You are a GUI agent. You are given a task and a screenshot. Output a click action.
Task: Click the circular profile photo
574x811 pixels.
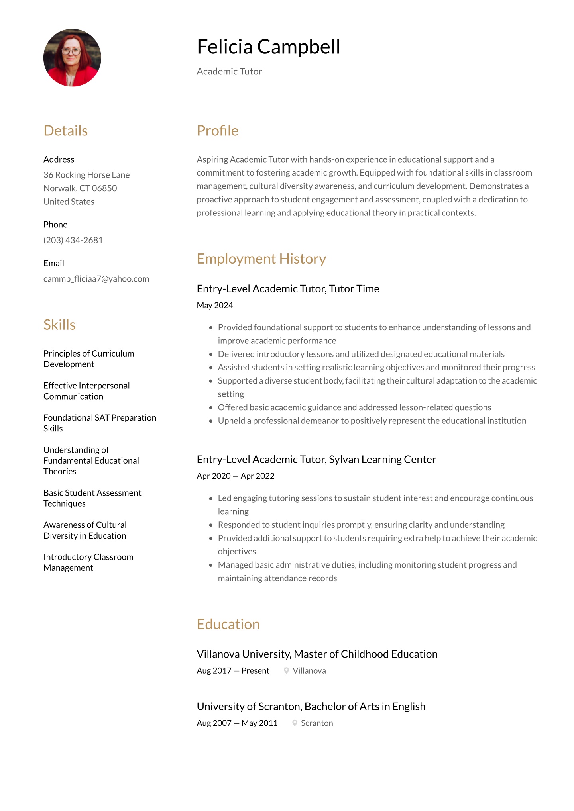[72, 58]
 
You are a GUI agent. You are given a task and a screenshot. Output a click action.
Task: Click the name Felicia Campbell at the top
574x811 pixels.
[268, 47]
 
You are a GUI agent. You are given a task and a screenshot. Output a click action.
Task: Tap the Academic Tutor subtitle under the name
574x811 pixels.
[229, 71]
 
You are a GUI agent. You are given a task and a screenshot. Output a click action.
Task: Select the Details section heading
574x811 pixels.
[65, 131]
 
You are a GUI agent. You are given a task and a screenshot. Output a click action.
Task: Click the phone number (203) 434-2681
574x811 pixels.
[73, 240]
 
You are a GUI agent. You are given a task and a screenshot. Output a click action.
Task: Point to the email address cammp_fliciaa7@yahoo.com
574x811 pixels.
[96, 279]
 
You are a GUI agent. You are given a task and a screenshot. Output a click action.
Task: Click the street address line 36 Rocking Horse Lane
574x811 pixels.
[86, 175]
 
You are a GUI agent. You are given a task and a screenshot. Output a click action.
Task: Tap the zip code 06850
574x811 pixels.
[104, 188]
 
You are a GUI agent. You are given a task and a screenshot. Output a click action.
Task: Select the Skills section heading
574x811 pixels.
[59, 325]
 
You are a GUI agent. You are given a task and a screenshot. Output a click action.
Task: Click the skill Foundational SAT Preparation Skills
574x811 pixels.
[100, 423]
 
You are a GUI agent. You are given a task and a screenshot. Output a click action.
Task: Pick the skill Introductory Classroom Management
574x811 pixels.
[88, 562]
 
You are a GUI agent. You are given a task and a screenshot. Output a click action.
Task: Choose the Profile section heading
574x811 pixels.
[217, 131]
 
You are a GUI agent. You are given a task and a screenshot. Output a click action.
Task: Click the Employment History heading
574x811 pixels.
[261, 259]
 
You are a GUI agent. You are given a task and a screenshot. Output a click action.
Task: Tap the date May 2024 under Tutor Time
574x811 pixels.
[214, 305]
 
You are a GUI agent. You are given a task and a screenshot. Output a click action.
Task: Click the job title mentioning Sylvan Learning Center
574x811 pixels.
[316, 460]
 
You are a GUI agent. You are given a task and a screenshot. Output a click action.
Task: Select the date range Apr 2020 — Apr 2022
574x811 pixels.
[235, 476]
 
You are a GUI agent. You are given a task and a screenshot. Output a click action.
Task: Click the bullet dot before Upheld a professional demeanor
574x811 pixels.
[211, 421]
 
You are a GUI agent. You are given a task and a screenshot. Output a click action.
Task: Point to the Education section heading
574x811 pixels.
[228, 624]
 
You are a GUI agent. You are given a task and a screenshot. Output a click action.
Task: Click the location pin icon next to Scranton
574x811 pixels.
[295, 723]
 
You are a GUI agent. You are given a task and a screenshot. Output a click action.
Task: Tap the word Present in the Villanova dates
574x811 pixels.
[255, 671]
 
